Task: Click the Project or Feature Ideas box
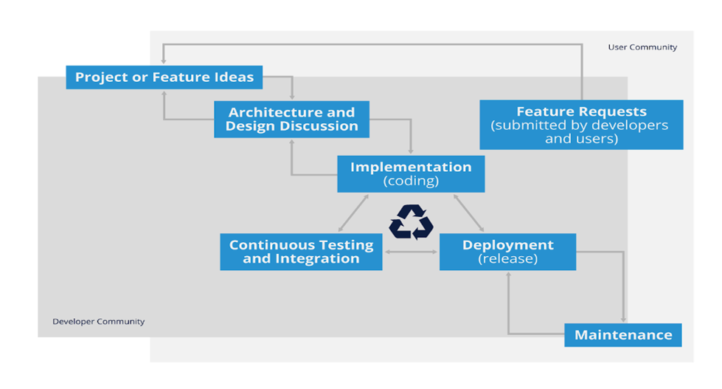pos(164,77)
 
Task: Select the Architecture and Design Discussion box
pos(291,119)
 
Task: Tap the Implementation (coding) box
pos(411,173)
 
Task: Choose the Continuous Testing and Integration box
pos(301,252)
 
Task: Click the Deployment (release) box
pos(507,252)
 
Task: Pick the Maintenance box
pos(623,334)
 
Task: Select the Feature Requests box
pos(581,125)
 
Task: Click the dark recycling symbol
pos(411,222)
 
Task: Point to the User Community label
pos(642,47)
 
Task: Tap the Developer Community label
pos(98,322)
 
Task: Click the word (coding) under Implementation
pos(411,181)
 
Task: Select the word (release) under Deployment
pos(507,259)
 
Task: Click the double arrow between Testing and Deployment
pos(411,252)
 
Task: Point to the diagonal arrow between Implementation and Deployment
pos(468,213)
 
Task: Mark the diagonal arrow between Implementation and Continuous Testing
pos(353,213)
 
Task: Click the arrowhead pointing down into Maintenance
pos(624,319)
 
